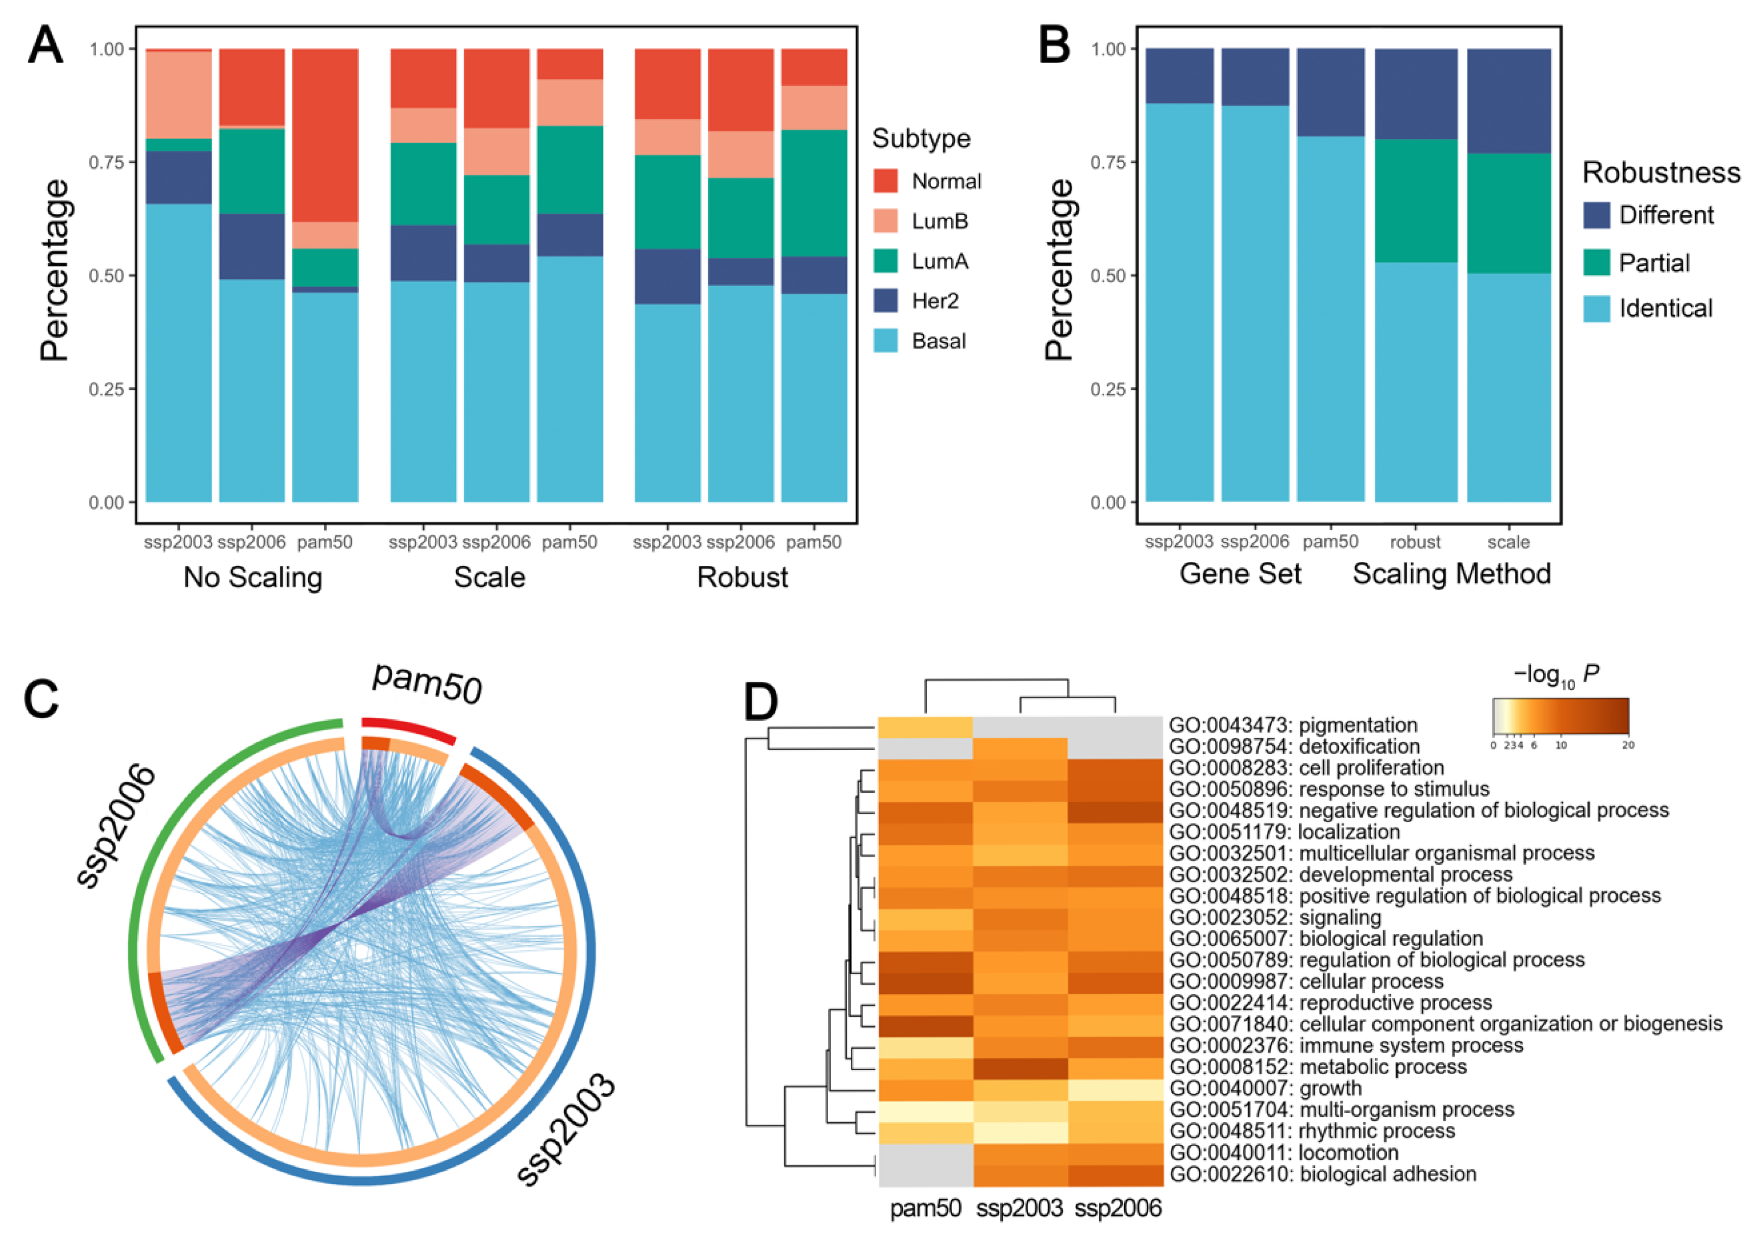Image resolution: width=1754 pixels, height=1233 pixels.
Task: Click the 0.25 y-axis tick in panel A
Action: [x=106, y=389]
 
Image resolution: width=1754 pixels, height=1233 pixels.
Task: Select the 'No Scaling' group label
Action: [x=253, y=577]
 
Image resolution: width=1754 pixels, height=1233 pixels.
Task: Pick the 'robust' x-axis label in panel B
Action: [x=1415, y=542]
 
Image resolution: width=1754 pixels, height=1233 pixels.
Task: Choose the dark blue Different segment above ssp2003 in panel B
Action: [x=1180, y=75]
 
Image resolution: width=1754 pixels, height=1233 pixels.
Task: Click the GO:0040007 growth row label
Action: [x=1265, y=1088]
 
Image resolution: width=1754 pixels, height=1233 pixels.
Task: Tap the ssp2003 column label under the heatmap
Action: [x=1019, y=1208]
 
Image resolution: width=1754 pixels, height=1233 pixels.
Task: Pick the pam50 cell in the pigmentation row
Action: [x=925, y=726]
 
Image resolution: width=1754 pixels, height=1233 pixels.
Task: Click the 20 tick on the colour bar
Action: [x=1628, y=745]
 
